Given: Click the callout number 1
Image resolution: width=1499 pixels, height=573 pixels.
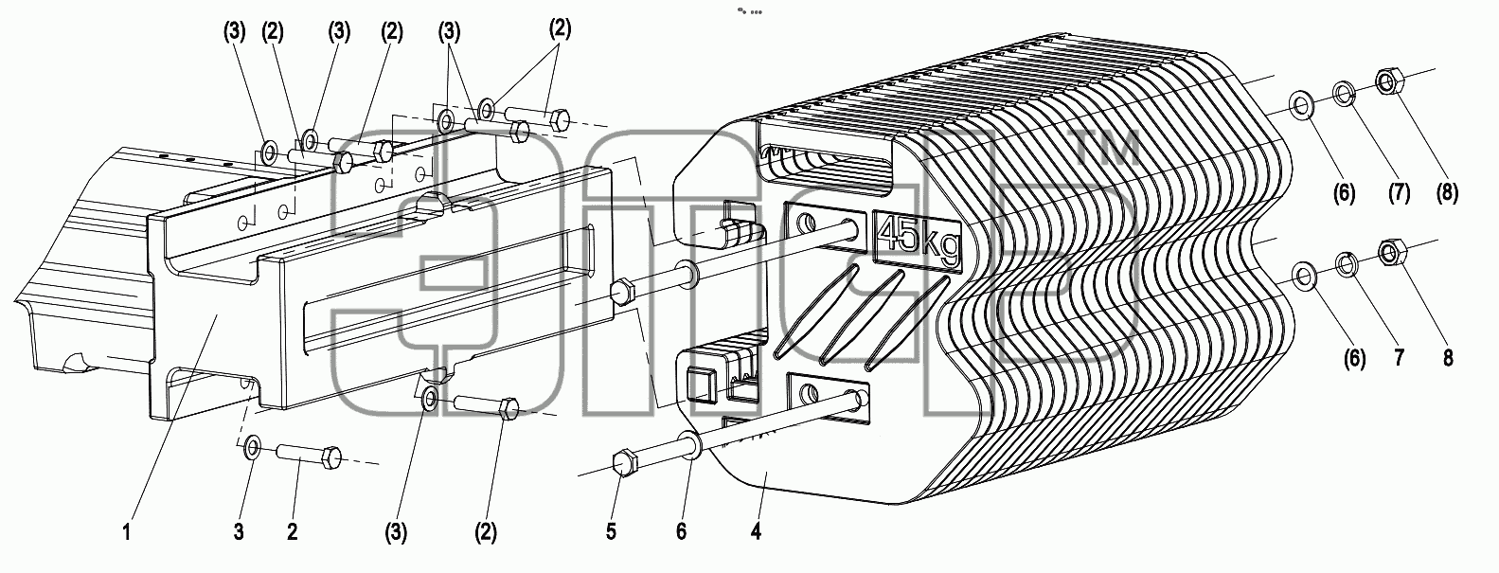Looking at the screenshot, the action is [x=127, y=533].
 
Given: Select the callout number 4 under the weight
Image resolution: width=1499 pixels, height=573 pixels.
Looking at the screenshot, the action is [x=756, y=532].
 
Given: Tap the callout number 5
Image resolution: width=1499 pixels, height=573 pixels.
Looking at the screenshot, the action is [x=611, y=532].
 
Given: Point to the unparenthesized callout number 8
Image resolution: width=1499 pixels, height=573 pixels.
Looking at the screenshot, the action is [x=1448, y=358].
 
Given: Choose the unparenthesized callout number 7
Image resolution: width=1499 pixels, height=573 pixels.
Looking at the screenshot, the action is [x=1400, y=357].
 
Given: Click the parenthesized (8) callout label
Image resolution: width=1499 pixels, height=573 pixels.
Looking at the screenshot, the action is [x=1447, y=193].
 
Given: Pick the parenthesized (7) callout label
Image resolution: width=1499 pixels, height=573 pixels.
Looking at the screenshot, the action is [x=1399, y=193].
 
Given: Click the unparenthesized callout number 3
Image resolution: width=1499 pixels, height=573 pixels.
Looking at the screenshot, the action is [x=239, y=532].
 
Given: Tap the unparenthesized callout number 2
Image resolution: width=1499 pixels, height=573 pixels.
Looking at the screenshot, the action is [x=292, y=532].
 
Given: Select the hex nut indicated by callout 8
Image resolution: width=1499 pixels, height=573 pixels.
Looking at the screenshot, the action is [x=1389, y=252].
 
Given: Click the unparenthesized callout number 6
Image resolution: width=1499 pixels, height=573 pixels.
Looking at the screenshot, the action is [x=681, y=532].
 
